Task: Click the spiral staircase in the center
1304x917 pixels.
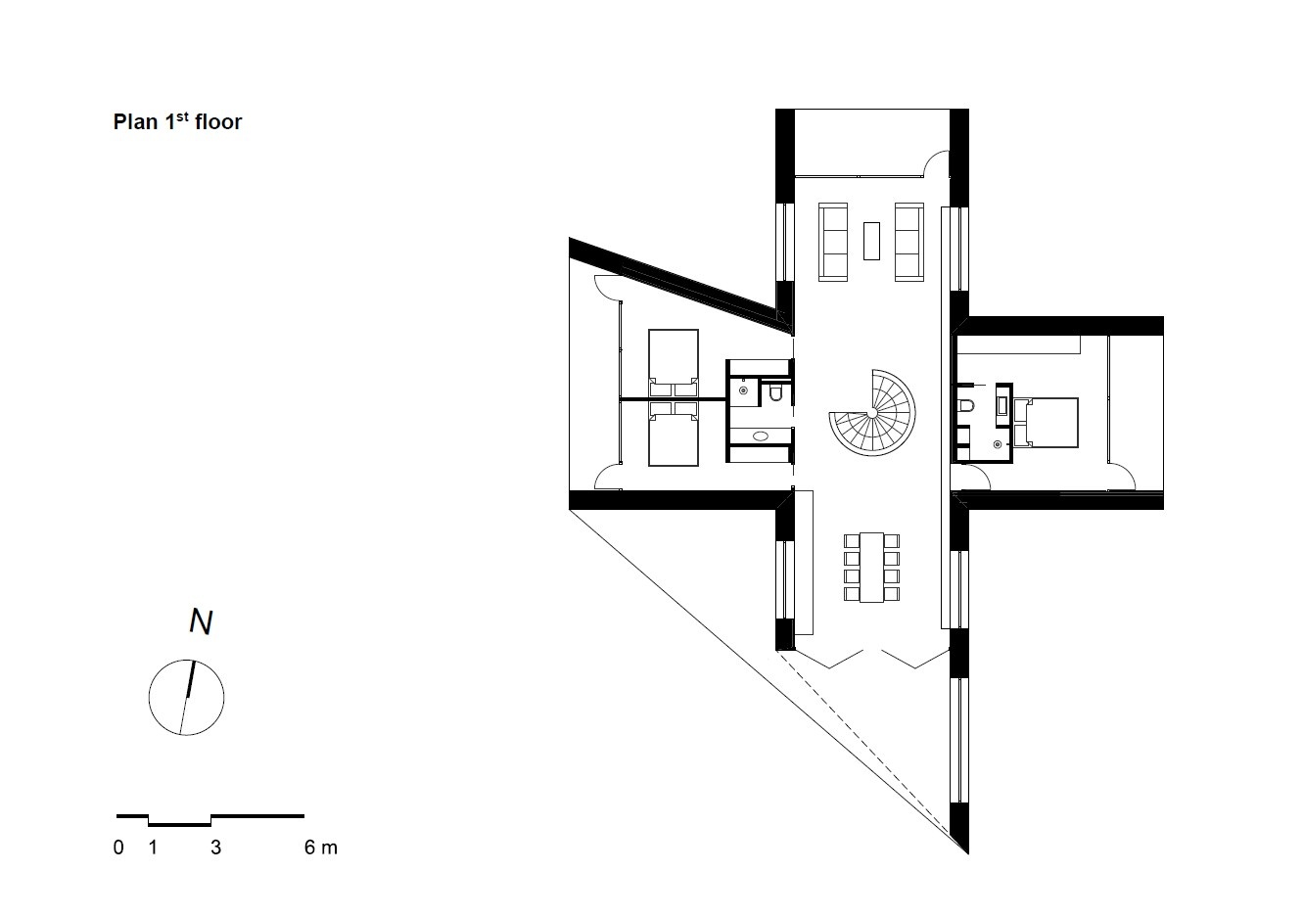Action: click(872, 413)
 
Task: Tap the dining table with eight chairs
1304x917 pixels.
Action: click(871, 568)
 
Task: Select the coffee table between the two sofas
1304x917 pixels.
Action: click(871, 241)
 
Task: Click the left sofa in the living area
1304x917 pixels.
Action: click(833, 242)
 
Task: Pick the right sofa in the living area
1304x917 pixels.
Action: click(909, 242)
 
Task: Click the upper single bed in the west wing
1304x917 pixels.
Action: click(674, 364)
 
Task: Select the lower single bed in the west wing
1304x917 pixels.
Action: click(674, 433)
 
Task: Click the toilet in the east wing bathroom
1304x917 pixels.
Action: click(964, 406)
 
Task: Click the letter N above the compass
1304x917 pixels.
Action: click(201, 622)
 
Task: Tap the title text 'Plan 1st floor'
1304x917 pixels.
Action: click(177, 121)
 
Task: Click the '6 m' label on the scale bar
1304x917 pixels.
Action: click(321, 848)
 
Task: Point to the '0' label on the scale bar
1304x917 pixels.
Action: click(118, 848)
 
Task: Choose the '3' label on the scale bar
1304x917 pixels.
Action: click(216, 848)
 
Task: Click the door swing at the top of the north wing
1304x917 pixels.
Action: click(937, 163)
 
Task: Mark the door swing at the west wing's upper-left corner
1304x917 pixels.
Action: click(608, 288)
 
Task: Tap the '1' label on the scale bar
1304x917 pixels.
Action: click(153, 848)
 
